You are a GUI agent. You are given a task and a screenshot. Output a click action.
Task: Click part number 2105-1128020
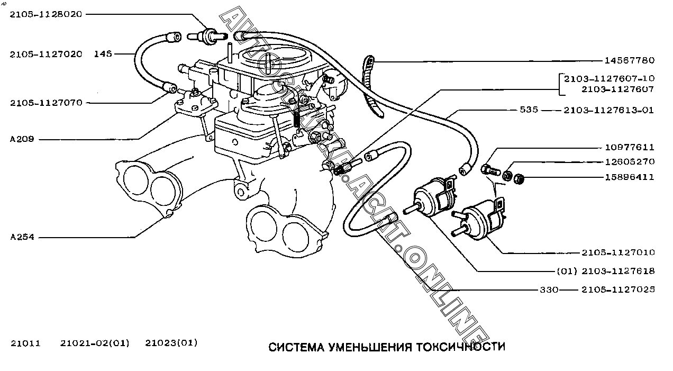[x=46, y=14]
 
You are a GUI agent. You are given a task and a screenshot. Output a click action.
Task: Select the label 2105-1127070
[x=46, y=103]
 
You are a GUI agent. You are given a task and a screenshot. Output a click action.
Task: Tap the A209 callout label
[x=22, y=140]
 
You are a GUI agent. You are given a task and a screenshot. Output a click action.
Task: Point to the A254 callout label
[x=22, y=237]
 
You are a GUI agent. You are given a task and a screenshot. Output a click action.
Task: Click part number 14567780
[x=629, y=60]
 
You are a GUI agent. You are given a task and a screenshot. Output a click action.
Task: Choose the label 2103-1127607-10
[x=609, y=79]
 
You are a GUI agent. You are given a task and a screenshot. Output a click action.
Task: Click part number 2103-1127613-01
[x=609, y=110]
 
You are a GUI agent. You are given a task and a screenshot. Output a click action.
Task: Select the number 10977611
[x=629, y=147]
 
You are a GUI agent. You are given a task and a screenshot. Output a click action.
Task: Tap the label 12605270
[x=629, y=161]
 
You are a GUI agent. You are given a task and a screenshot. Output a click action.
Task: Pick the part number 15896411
[x=629, y=177]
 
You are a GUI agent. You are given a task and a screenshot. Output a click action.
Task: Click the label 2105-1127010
[x=618, y=252]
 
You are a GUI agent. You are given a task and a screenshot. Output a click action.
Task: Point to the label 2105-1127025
[x=618, y=289]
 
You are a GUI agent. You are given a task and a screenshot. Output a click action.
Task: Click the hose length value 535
[x=529, y=110]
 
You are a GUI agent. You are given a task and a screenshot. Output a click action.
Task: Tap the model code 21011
[x=25, y=343]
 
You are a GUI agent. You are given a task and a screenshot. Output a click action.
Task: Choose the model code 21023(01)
[x=171, y=343]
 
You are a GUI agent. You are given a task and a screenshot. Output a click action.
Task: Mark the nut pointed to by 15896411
[x=519, y=178]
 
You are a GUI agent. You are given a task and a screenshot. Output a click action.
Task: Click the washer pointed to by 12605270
[x=506, y=175]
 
